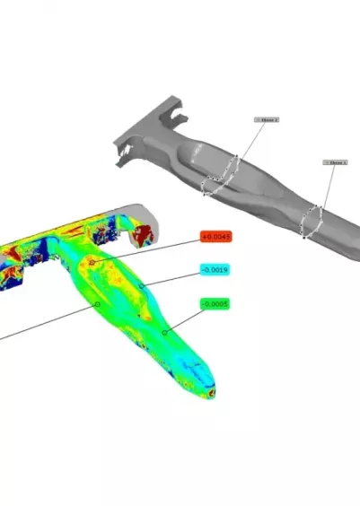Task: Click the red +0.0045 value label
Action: pyautogui.click(x=216, y=238)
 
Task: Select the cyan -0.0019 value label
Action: pyautogui.click(x=215, y=270)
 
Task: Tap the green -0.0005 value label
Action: pyautogui.click(x=215, y=304)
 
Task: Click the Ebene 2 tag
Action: pyautogui.click(x=268, y=118)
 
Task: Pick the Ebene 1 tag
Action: pyautogui.click(x=335, y=163)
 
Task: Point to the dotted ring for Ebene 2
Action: pyautogui.click(x=221, y=175)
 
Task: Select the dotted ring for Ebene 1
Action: pyautogui.click(x=312, y=221)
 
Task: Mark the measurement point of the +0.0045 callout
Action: pyautogui.click(x=92, y=263)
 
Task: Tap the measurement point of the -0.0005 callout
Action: pyautogui.click(x=164, y=332)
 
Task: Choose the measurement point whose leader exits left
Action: pyautogui.click(x=96, y=304)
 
